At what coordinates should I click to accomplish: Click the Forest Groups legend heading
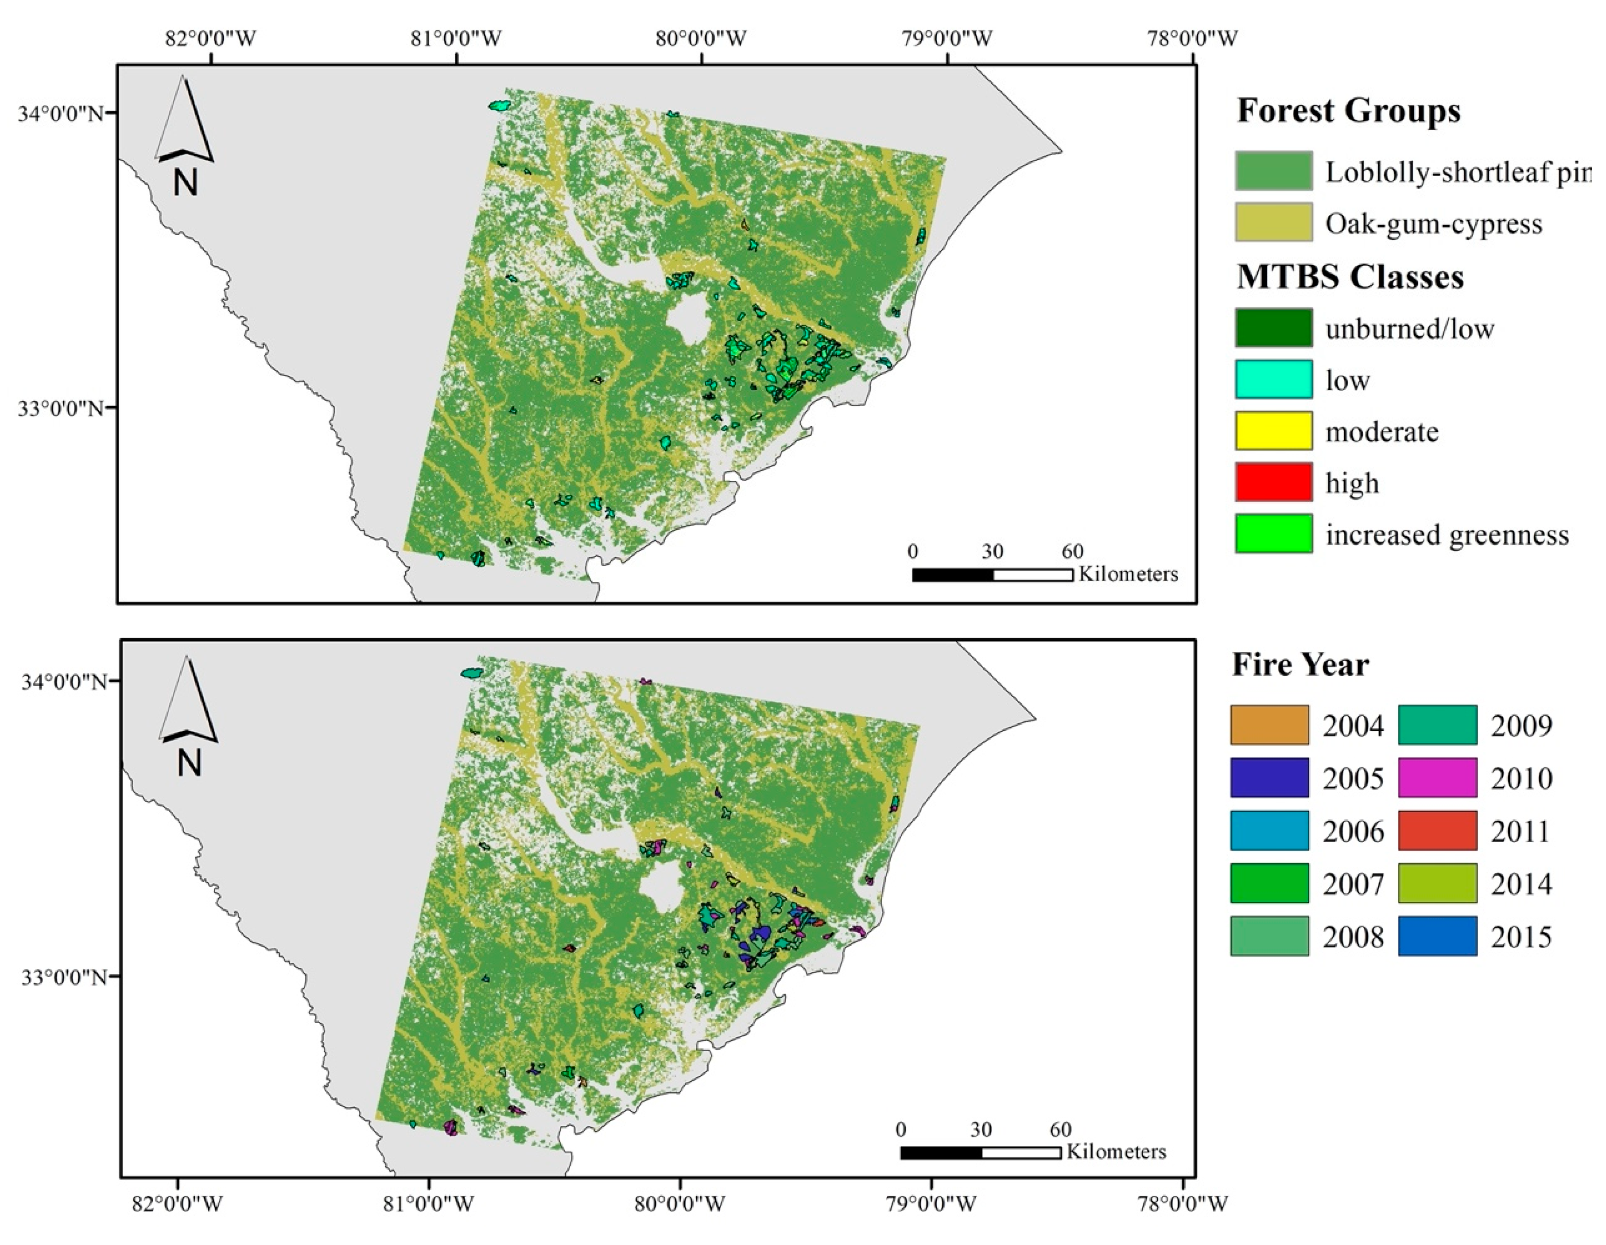point(1348,111)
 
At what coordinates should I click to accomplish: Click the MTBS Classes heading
point(1350,277)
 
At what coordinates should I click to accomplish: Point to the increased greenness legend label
point(1447,535)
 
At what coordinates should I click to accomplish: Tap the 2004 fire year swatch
point(1269,725)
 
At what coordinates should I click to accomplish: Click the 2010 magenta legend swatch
point(1437,778)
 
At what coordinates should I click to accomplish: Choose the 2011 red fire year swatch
point(1437,831)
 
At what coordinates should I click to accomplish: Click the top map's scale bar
point(992,575)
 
